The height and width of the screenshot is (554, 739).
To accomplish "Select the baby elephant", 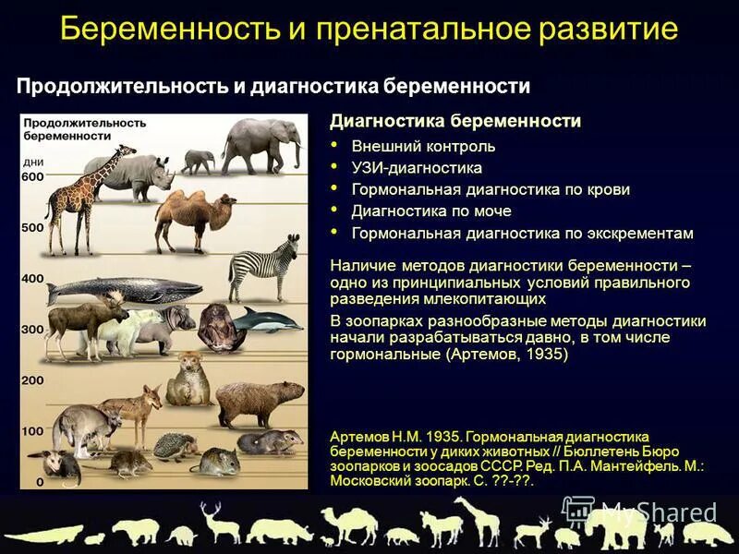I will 198,162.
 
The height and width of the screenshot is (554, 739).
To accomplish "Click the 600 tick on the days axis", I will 32,177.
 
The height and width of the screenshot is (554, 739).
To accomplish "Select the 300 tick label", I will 32,330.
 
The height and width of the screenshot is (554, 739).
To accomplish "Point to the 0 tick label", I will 39,482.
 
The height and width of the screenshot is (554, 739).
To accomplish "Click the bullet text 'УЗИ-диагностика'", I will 417,168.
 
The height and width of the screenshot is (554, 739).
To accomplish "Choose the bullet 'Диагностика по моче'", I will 418,211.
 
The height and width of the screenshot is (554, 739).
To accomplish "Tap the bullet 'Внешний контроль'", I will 423,147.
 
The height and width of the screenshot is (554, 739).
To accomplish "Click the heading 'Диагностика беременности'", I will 455,122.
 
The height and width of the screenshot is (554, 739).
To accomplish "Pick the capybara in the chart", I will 260,401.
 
